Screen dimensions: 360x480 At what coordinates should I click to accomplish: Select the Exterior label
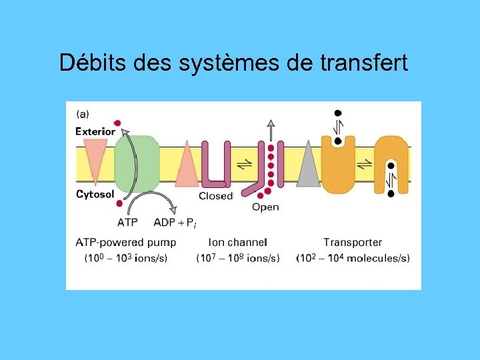pos(95,131)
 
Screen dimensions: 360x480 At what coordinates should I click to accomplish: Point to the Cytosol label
pos(95,195)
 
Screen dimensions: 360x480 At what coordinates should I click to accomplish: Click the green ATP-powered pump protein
pos(137,163)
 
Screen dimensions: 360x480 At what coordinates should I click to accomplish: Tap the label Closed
pos(215,196)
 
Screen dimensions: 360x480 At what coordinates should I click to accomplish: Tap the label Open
pos(265,207)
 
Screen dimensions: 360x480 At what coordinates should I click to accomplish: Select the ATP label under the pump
pos(128,222)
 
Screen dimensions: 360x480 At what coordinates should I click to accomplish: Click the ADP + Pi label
pos(175,222)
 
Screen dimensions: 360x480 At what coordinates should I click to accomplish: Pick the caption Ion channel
pos(237,242)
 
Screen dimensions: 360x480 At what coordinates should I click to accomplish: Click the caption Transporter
pos(353,242)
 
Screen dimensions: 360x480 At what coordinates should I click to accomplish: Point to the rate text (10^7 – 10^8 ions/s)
pos(238,258)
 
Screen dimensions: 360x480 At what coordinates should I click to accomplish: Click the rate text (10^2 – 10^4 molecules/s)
pos(353,258)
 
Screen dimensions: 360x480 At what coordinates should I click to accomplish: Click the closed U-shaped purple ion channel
pos(215,167)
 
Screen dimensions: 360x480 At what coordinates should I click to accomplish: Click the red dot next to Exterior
pos(118,123)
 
